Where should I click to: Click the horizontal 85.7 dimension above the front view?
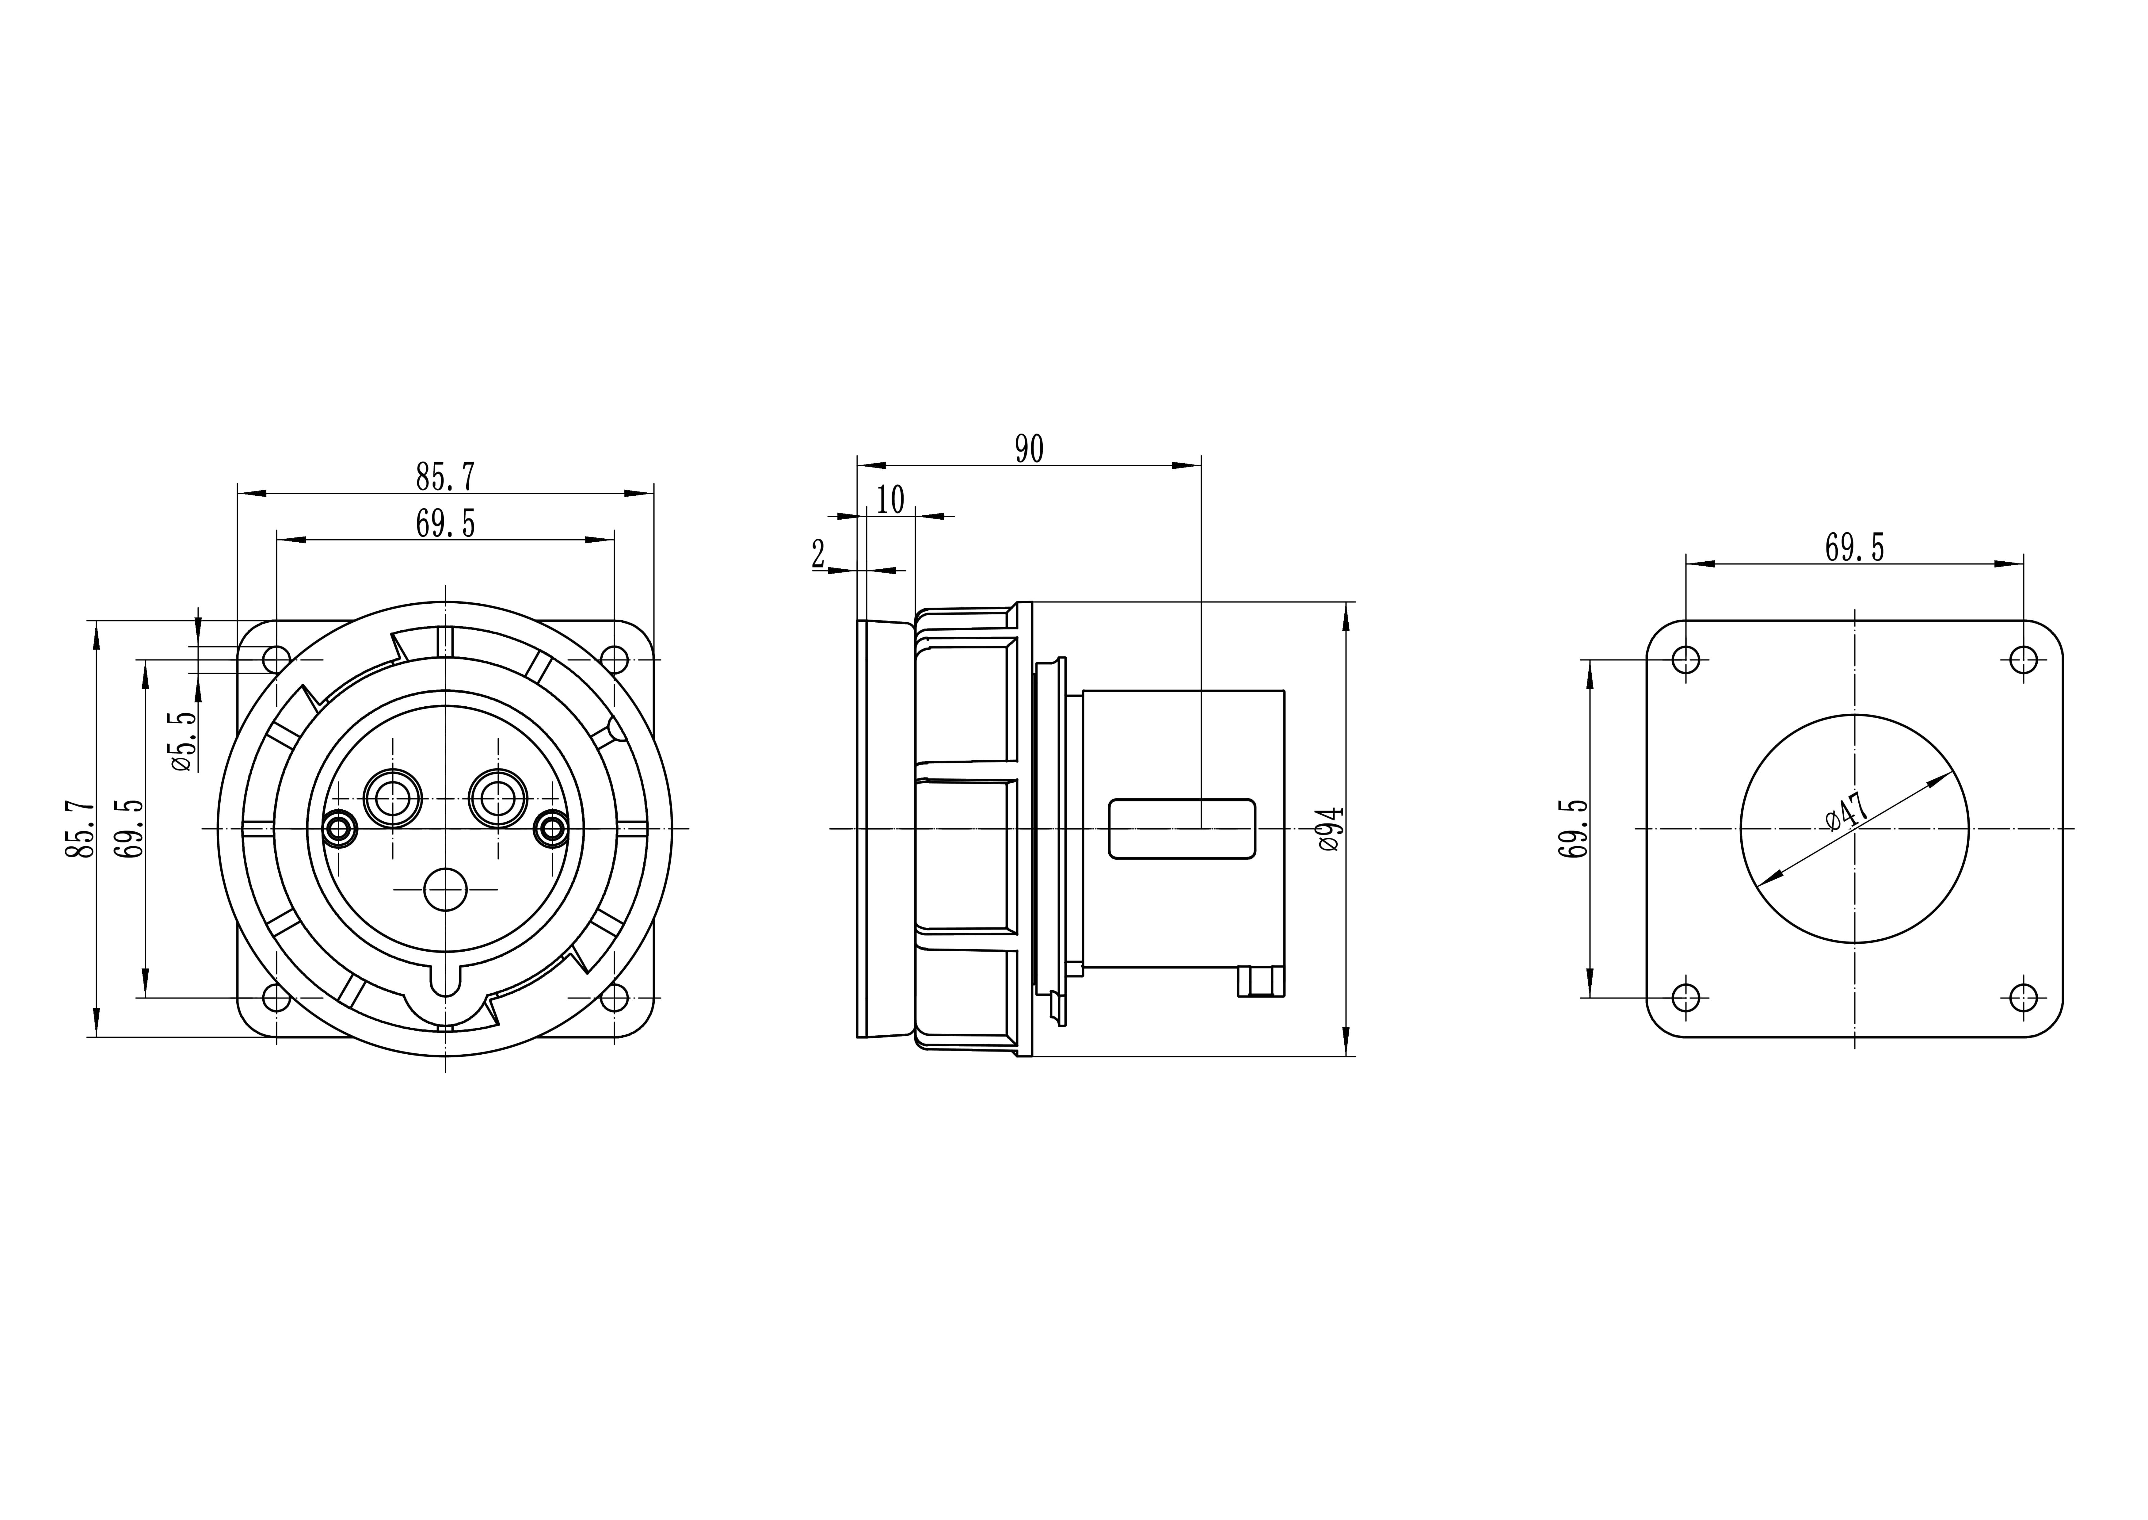[x=445, y=477]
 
